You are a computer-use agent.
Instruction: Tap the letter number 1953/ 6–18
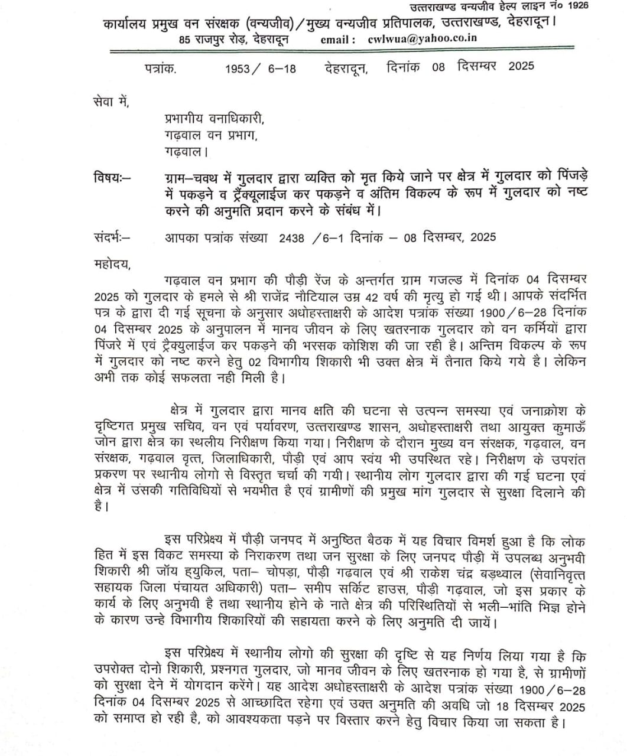point(260,68)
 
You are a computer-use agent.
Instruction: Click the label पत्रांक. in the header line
point(160,68)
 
